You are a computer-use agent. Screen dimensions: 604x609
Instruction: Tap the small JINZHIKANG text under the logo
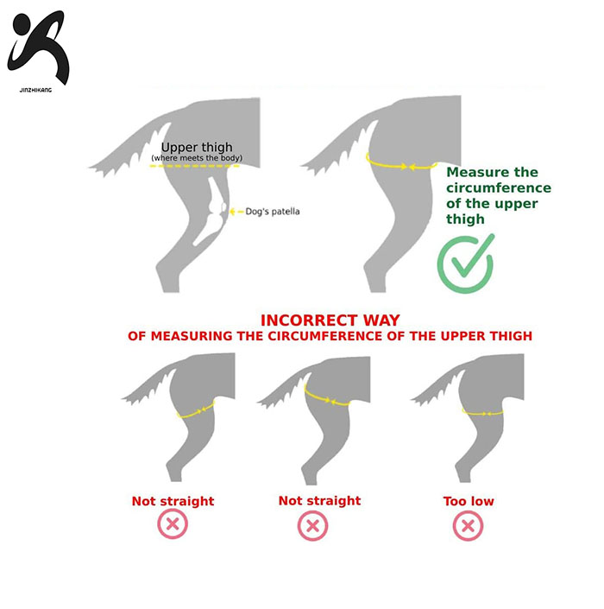[x=35, y=90]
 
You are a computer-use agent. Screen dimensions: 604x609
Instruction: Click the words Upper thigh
[x=197, y=147]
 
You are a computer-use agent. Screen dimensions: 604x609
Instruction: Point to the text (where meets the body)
[x=197, y=158]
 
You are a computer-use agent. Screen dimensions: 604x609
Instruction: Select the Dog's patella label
[x=273, y=212]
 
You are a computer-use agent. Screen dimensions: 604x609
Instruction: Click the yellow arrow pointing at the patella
[x=236, y=212]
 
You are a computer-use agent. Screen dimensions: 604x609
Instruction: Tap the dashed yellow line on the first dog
[x=195, y=166]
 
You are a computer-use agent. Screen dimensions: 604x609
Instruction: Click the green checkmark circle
[x=465, y=263]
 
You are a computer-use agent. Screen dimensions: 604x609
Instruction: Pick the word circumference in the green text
[x=499, y=188]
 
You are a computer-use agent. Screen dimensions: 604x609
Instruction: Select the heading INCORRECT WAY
[x=330, y=320]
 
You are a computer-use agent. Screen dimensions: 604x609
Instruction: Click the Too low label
[x=469, y=501]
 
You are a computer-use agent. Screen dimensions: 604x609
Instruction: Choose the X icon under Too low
[x=469, y=526]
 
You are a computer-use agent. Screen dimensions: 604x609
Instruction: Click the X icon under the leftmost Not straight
[x=173, y=524]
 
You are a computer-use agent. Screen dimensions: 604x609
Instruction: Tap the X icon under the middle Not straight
[x=312, y=526]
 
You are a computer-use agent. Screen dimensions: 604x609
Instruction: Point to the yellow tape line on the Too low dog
[x=482, y=413]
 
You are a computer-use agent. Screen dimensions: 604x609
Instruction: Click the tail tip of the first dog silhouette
[x=90, y=168]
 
